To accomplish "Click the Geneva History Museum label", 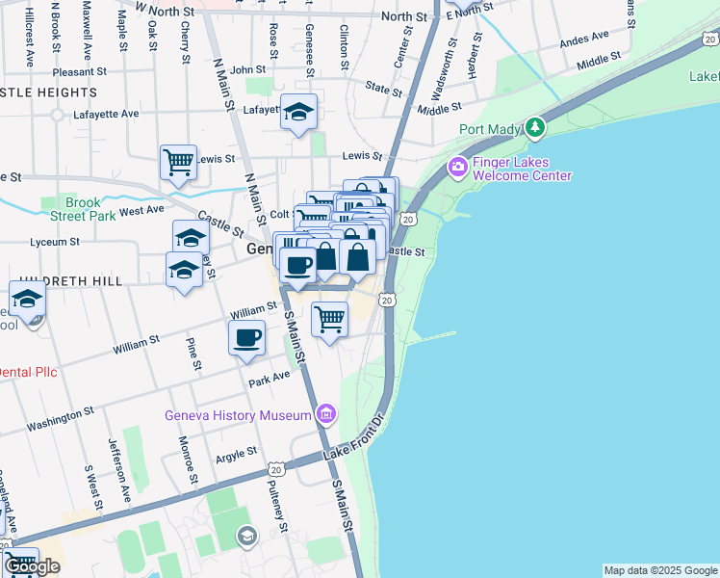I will (x=238, y=415).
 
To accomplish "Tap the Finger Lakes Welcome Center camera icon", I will (x=458, y=168).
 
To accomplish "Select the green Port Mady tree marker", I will (x=535, y=128).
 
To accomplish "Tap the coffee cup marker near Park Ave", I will (x=247, y=338).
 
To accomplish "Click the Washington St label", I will (x=60, y=416).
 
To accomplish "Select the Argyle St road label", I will (x=236, y=452).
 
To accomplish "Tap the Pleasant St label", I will (x=79, y=71).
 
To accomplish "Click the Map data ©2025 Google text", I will (x=660, y=570).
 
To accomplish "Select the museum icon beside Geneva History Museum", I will (x=326, y=415).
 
